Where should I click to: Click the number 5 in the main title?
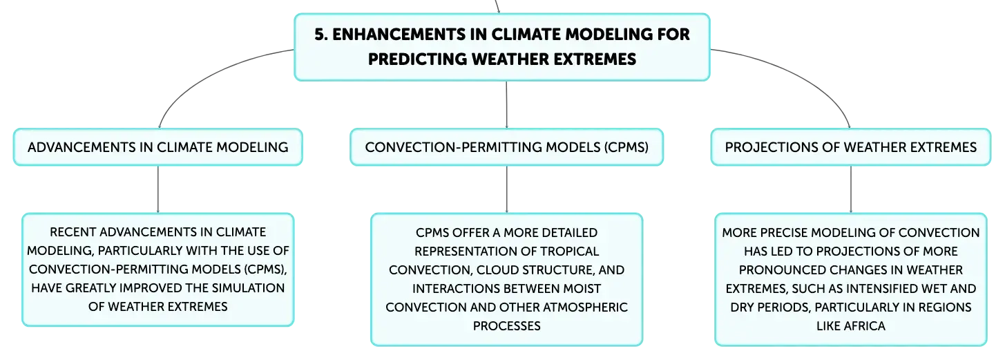click(x=319, y=35)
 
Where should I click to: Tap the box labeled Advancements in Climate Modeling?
click(x=158, y=147)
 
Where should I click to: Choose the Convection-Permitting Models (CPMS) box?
click(x=506, y=147)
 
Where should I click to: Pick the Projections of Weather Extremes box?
click(x=851, y=147)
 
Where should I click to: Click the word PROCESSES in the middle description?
click(x=506, y=326)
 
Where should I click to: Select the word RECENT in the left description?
click(x=73, y=232)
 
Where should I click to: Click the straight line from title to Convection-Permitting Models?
click(x=506, y=104)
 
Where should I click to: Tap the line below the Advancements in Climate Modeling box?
click(x=158, y=189)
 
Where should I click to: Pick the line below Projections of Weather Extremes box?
click(x=851, y=189)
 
